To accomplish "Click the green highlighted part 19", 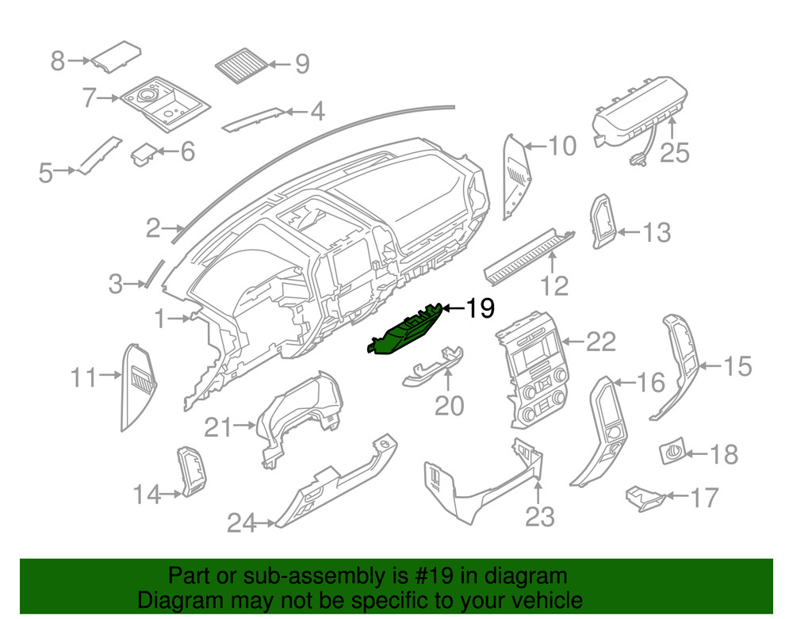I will (x=404, y=331).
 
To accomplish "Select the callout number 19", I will (x=479, y=308).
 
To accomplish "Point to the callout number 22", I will (x=600, y=342).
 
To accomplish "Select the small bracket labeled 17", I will (x=643, y=498).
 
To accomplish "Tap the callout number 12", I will (x=556, y=285).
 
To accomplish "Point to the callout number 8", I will (x=57, y=60).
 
